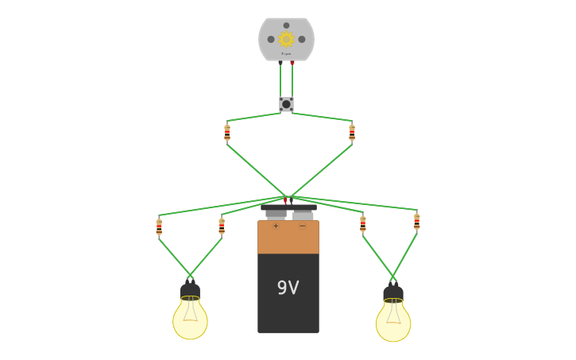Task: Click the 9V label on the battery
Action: point(288,288)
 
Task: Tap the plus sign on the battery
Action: point(276,226)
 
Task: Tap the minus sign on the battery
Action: point(302,226)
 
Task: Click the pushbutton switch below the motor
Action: point(286,104)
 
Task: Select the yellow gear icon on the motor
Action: point(286,39)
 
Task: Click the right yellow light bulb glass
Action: point(393,321)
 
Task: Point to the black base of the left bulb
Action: point(190,291)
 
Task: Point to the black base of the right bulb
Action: point(393,293)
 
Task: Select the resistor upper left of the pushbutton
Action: point(227,133)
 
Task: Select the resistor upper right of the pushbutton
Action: point(352,133)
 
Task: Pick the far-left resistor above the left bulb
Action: point(159,227)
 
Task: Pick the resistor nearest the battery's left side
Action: point(222,226)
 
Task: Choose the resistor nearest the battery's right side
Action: point(363,224)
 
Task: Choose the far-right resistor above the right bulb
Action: point(416,222)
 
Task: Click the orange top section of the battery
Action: point(288,238)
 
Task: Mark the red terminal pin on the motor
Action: point(292,62)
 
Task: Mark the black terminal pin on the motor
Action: point(280,62)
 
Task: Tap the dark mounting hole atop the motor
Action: point(286,25)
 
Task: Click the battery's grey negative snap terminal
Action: point(303,215)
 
